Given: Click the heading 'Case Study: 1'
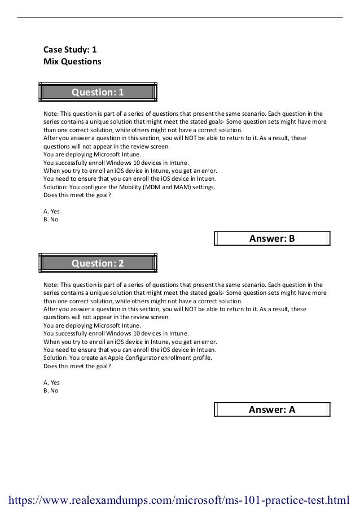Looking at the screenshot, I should pos(73,49).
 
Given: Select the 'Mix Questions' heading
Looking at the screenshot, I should pos(72,61).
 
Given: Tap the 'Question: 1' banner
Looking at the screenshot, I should pos(97,91).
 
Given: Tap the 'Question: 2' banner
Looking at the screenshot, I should pos(97,263).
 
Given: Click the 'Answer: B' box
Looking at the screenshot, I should pos(272,238).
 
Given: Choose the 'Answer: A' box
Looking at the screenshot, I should pos(272,409).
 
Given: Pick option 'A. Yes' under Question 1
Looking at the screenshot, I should pos(51,211).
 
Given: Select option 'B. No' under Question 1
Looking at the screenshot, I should pos(51,219).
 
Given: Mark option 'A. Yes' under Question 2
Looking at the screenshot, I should pos(51,382).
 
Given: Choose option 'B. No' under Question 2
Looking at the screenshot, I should pos(51,390).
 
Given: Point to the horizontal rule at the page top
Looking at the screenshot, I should pos(179,17).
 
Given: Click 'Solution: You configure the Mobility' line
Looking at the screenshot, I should pos(129,187).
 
